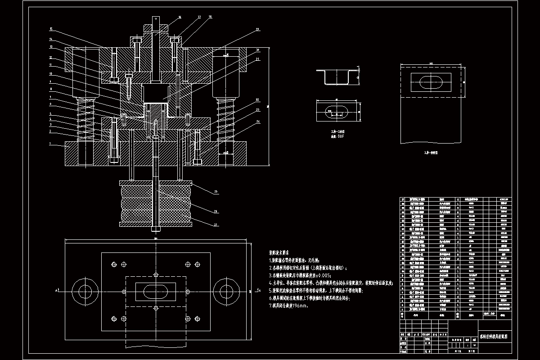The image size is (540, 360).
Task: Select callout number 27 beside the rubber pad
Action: pyautogui.click(x=215, y=224)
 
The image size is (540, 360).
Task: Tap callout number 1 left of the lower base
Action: pyautogui.click(x=51, y=144)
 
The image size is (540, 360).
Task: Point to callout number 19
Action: pyautogui.click(x=258, y=29)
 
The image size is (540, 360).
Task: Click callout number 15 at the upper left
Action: pyautogui.click(x=51, y=29)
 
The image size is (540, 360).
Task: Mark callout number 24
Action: pyautogui.click(x=258, y=121)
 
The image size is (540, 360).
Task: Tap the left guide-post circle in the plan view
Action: pyautogui.click(x=83, y=290)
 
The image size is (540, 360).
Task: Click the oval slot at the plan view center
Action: pyautogui.click(x=155, y=290)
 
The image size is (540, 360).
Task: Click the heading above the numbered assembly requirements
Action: pyautogui.click(x=279, y=253)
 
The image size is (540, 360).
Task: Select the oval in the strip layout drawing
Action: pyautogui.click(x=431, y=82)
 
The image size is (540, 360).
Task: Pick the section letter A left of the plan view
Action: pyautogui.click(x=57, y=291)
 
